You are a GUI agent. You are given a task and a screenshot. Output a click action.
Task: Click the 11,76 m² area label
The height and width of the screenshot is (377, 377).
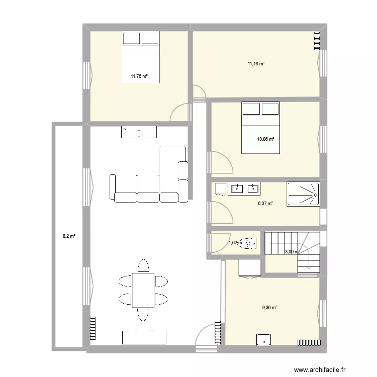pos(139,77)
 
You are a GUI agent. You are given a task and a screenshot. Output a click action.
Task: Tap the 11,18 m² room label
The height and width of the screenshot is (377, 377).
pos(255,64)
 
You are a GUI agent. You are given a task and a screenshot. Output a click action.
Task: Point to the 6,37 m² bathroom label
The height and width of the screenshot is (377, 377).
pos(264,204)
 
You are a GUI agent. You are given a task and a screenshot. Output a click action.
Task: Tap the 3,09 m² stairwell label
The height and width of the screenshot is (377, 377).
pos(292,252)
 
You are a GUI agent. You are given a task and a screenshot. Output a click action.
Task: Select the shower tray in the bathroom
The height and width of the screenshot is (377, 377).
pos(303,194)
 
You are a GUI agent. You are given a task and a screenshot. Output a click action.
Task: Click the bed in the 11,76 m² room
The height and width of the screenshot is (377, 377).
pos(141,55)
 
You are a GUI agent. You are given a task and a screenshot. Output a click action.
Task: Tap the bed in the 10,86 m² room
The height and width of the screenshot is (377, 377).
pos(260,127)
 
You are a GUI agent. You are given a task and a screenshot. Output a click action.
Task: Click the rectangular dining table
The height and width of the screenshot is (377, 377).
pos(143,289)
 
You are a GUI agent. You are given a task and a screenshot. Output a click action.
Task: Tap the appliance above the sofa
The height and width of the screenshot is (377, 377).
pos(138,132)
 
